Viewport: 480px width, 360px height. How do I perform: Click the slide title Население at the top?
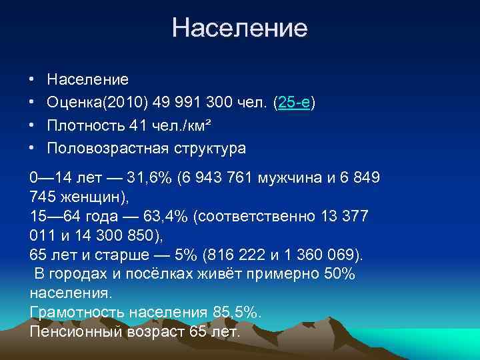click(x=239, y=28)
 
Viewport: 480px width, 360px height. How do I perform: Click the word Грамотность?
click(x=77, y=312)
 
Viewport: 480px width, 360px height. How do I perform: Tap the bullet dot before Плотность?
click(x=32, y=125)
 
